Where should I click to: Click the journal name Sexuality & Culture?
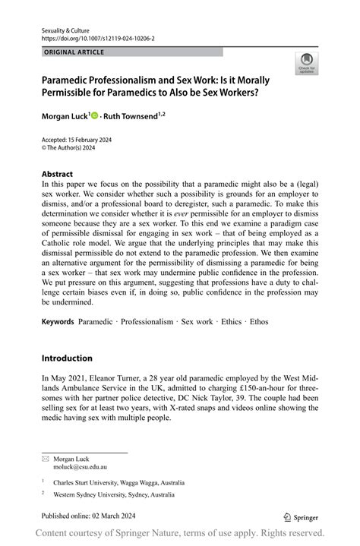pos(64,28)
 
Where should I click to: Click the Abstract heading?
pos(57,173)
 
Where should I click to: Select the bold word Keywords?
pos(58,321)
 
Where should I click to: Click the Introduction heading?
pos(67,358)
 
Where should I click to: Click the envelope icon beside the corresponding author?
pos(45,459)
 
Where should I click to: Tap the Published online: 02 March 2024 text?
pos(90,516)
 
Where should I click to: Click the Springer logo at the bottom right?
pos(302,516)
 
